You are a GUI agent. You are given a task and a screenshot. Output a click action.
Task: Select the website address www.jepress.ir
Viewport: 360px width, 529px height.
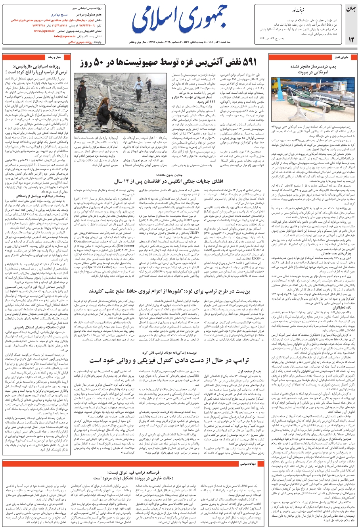[x=46, y=31]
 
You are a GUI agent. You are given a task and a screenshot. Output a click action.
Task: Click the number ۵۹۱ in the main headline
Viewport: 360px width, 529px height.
[x=249, y=63]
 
